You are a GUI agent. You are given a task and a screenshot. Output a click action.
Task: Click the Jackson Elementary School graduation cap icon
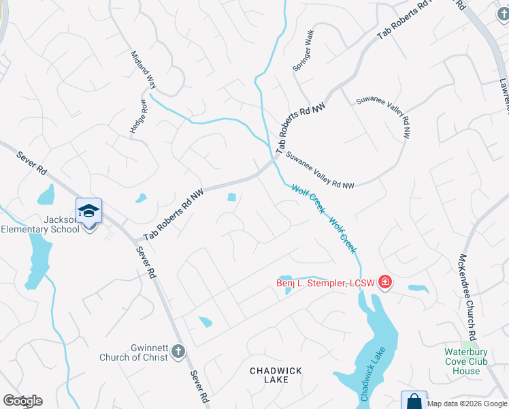89,211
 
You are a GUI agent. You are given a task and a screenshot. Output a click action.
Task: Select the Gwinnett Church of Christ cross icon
178,351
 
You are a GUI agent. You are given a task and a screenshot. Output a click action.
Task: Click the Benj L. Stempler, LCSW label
325,283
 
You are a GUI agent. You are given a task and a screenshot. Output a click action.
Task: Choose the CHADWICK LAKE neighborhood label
276,375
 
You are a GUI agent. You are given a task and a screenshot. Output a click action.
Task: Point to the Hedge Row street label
139,117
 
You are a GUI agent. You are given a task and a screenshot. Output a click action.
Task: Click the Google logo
22,401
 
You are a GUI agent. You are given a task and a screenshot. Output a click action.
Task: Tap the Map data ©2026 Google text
467,404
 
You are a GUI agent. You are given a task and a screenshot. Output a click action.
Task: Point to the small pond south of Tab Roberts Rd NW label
232,198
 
